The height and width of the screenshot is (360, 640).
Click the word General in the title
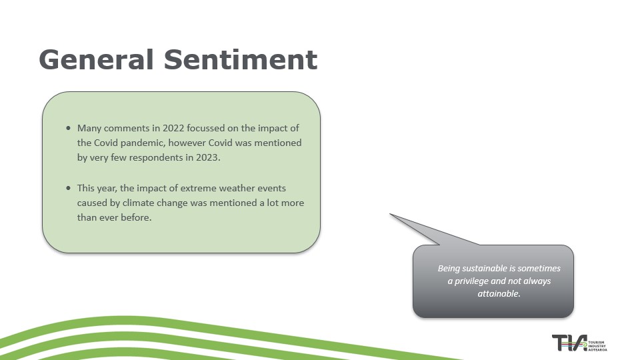point(96,59)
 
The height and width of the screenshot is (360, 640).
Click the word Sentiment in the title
point(241,59)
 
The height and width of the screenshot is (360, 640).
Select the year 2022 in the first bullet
point(173,128)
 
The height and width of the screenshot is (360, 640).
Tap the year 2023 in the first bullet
point(208,157)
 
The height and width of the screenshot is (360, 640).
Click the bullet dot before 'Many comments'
point(68,128)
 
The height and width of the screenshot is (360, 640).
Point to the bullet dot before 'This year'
point(68,188)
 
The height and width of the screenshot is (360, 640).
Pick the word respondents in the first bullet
point(156,157)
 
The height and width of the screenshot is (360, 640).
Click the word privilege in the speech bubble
point(471,281)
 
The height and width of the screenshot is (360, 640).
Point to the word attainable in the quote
point(499,293)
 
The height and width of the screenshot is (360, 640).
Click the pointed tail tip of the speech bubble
point(391,214)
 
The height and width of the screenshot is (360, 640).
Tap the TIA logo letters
point(569,343)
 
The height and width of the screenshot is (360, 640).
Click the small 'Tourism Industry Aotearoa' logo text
point(597,346)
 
